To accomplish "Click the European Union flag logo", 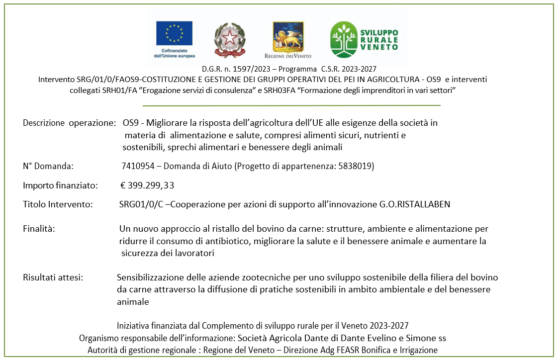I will click(174, 33).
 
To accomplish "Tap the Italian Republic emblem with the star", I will click(229, 40).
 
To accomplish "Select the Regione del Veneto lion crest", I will click(288, 36).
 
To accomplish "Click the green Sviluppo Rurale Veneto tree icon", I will click(344, 39).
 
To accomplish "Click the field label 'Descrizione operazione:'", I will click(69, 123).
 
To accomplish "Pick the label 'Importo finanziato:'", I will click(60, 185).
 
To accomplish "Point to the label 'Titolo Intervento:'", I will click(58, 204).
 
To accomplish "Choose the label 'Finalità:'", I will click(39, 229).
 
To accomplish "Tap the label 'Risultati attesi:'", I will click(53, 277).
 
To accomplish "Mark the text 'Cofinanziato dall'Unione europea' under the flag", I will click(175, 53).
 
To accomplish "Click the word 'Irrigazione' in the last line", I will click(418, 350).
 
